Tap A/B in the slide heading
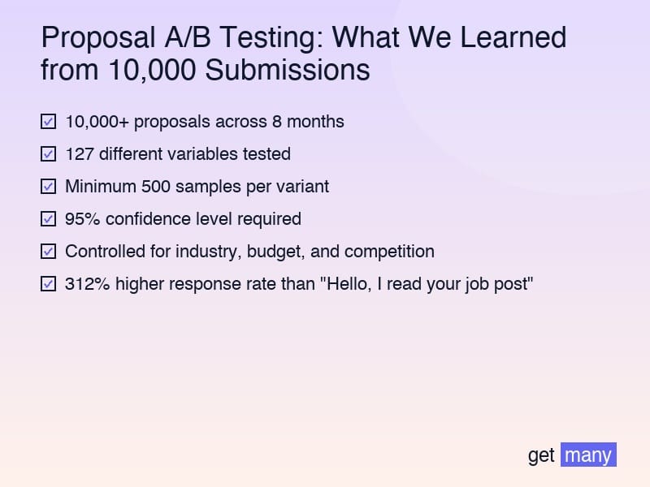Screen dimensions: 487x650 click(188, 38)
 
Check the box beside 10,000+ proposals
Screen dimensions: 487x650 click(48, 122)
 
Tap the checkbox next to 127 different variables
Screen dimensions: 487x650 click(48, 154)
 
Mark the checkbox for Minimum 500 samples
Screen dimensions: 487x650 click(48, 187)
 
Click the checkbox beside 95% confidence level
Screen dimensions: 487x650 click(48, 219)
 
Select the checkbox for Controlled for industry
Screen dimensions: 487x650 click(48, 252)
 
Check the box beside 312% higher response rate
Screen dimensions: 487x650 click(48, 284)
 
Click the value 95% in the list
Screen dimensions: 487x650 click(81, 219)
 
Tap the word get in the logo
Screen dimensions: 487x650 click(541, 455)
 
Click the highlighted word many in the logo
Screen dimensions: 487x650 click(588, 455)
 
